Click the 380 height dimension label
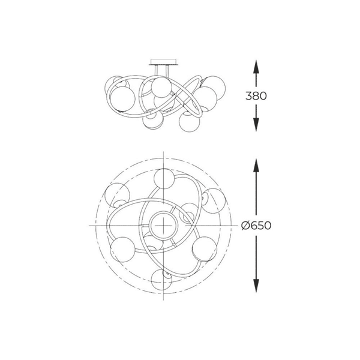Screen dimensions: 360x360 pyautogui.click(x=256, y=96)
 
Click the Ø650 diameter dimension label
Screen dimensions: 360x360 pyautogui.click(x=256, y=226)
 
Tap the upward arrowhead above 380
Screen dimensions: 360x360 pyautogui.click(x=256, y=67)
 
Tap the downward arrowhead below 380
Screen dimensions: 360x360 pyautogui.click(x=256, y=125)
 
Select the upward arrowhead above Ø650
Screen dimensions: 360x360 pyautogui.click(x=256, y=165)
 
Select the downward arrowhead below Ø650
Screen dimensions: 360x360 pyautogui.click(x=256, y=286)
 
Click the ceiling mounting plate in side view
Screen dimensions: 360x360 pyautogui.click(x=163, y=62)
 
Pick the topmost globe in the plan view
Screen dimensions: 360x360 pyautogui.click(x=164, y=178)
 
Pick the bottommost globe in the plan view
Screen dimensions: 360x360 pyautogui.click(x=161, y=280)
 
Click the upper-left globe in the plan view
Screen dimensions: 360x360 pyautogui.click(x=117, y=195)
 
